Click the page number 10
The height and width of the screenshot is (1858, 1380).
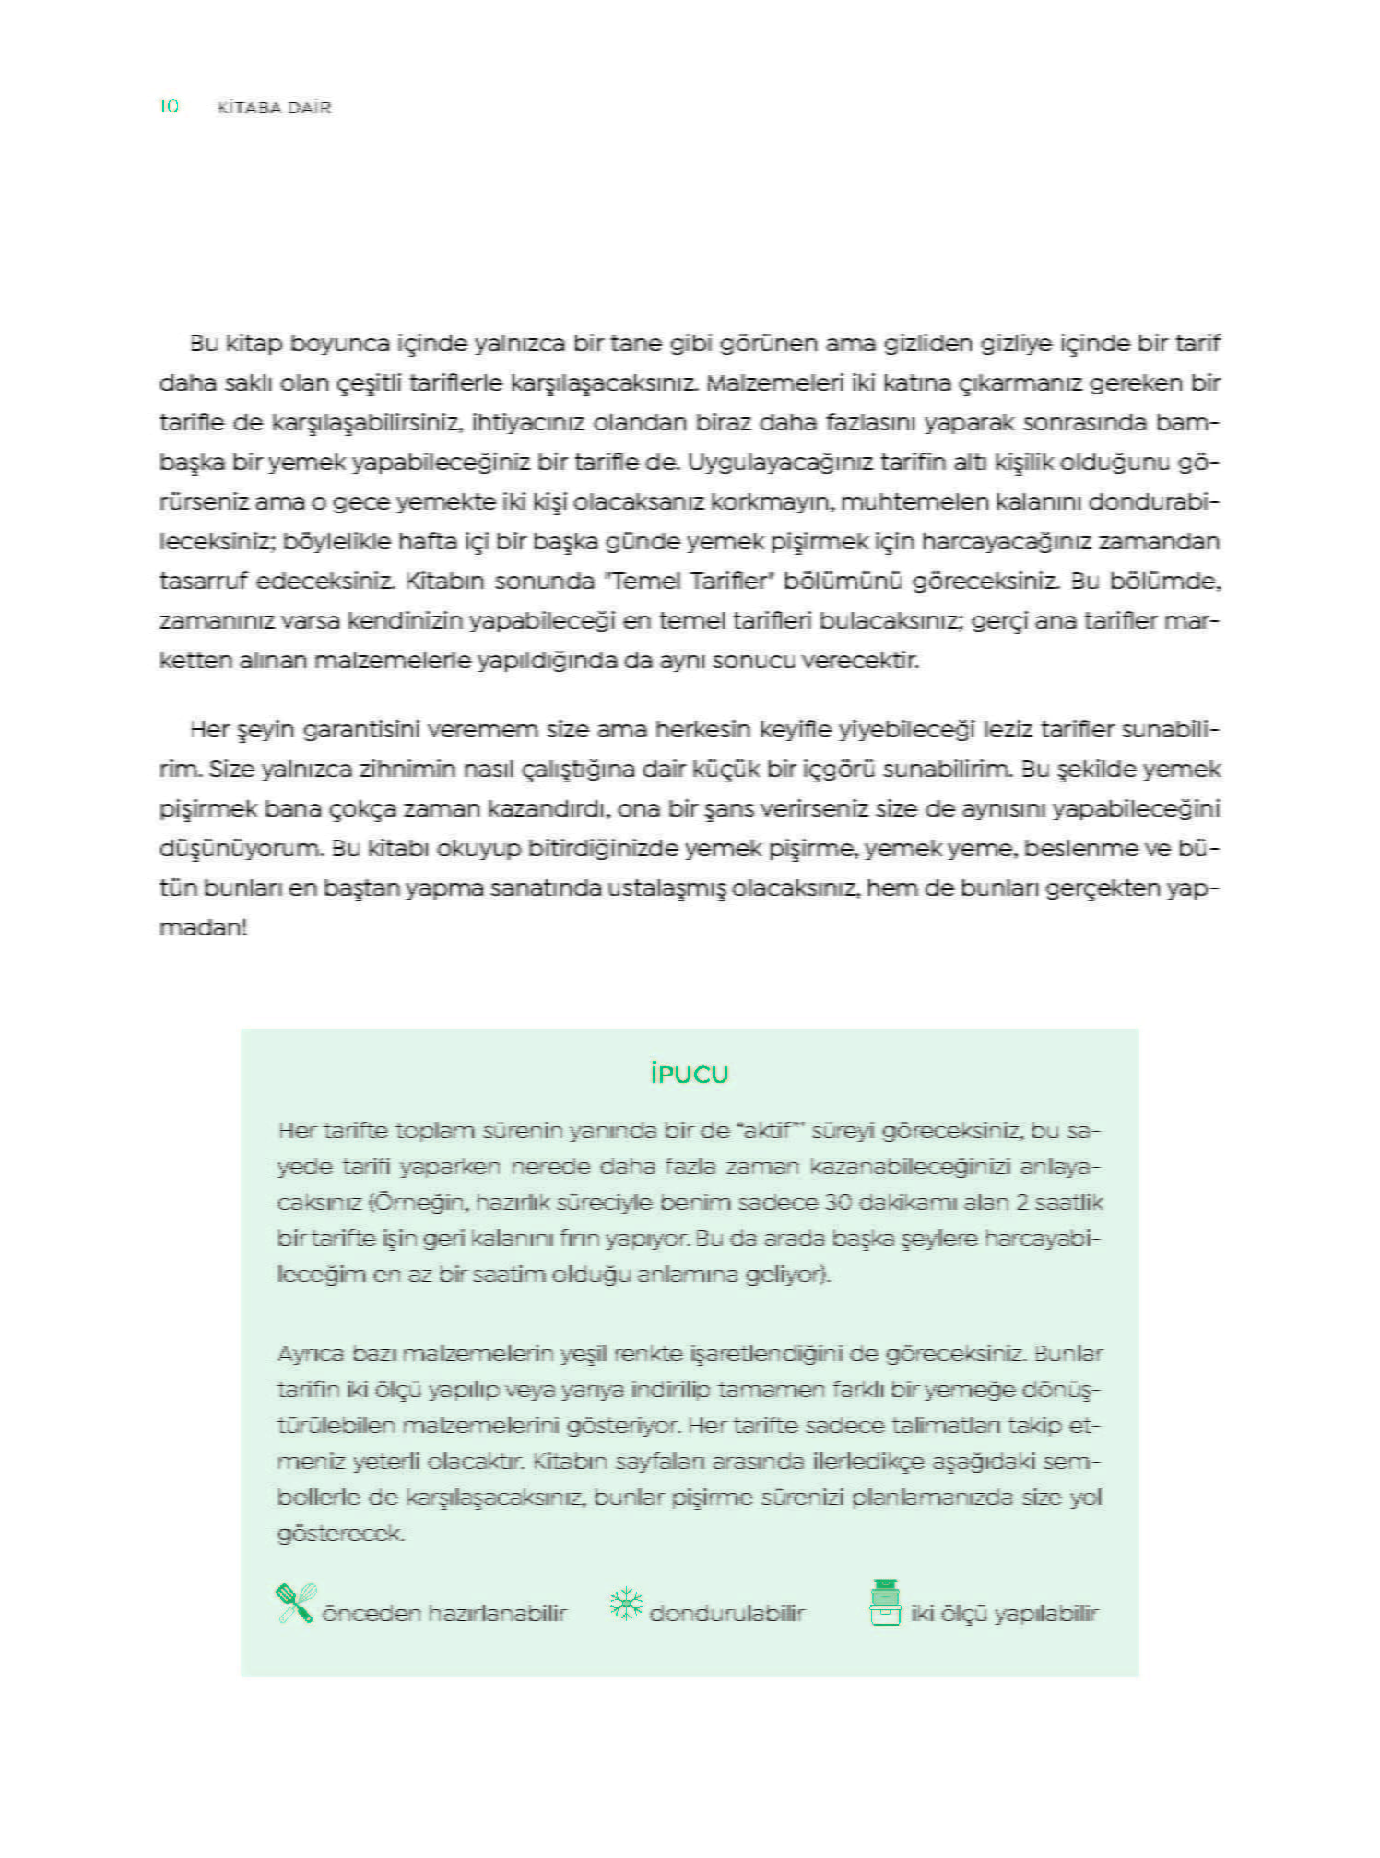coord(169,107)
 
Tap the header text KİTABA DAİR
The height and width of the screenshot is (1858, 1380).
coord(274,108)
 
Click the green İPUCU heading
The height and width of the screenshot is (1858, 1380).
coord(690,1075)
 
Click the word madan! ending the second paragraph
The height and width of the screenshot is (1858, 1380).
coord(203,928)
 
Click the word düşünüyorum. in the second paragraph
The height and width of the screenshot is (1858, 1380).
coord(242,849)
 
